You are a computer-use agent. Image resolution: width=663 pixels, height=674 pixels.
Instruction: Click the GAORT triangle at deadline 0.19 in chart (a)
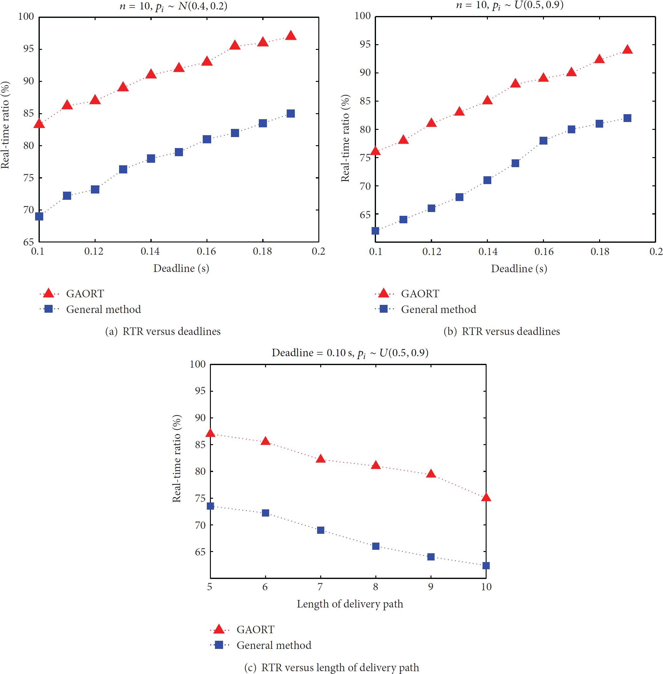[290, 35]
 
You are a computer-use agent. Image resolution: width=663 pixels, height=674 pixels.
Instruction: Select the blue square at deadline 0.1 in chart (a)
[39, 216]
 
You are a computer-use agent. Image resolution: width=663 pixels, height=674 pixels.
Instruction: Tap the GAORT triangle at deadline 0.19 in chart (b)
[627, 49]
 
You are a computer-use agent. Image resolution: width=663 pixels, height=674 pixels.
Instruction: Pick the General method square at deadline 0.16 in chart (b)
[543, 141]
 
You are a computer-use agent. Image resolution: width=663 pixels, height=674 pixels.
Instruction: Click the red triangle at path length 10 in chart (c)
[486, 497]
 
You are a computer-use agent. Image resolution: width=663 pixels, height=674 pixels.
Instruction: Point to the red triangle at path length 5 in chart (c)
[210, 433]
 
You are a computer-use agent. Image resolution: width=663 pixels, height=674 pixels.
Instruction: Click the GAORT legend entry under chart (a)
[72, 294]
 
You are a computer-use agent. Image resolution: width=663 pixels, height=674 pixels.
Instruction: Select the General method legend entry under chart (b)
[425, 309]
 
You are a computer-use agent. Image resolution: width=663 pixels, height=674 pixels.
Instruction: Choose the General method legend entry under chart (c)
[260, 645]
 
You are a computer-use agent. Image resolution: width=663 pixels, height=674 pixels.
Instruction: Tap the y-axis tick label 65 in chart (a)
[29, 242]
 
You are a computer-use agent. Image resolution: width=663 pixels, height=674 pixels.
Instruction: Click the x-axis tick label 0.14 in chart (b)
[488, 252]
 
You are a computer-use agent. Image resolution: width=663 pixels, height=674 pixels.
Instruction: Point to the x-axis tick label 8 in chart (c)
[375, 587]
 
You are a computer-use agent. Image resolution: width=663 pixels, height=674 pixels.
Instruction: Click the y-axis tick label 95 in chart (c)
[200, 391]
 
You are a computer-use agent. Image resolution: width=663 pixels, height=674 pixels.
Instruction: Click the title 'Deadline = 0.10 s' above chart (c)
[312, 353]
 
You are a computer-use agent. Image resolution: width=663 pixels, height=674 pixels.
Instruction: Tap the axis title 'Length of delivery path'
[350, 604]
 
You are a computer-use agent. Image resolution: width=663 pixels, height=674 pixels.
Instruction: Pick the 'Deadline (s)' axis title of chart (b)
[519, 269]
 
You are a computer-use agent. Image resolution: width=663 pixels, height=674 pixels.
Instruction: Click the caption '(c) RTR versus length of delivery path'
[331, 667]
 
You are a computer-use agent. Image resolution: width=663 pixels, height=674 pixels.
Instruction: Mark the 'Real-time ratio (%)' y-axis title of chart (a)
[5, 125]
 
